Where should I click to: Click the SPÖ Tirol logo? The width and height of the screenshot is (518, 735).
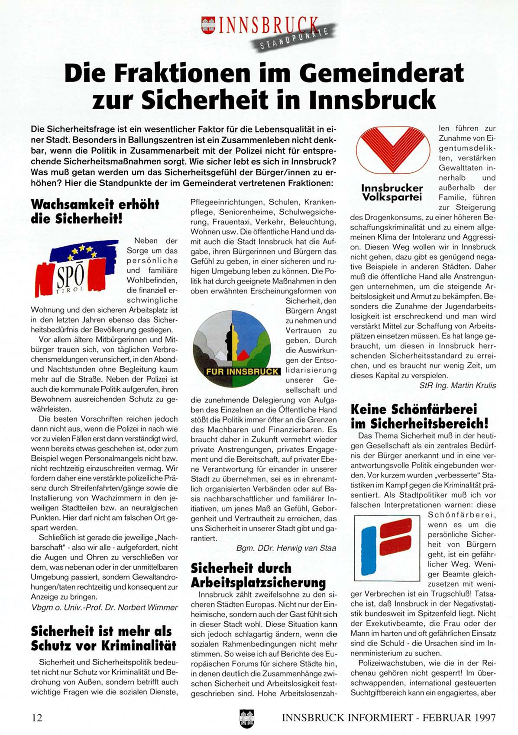(x=76, y=267)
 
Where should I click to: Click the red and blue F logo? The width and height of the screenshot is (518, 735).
(x=386, y=547)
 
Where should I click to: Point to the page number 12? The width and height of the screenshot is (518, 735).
(x=37, y=717)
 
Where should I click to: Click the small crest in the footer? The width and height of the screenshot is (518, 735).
(x=246, y=718)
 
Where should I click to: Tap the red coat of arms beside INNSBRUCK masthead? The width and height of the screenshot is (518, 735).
(x=209, y=25)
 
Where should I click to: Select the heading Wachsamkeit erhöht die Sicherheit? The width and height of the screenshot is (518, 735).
(x=95, y=211)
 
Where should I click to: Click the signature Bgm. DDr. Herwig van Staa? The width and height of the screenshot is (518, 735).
(x=286, y=548)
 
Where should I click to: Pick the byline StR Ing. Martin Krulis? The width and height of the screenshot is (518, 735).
(x=457, y=385)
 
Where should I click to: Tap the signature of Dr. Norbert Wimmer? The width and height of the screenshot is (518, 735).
(x=104, y=607)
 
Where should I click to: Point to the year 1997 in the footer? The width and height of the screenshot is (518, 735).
(x=481, y=717)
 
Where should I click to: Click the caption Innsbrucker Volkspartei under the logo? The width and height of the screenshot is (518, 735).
(x=392, y=193)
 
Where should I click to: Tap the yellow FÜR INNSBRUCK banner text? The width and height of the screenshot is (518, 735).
(x=243, y=372)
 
